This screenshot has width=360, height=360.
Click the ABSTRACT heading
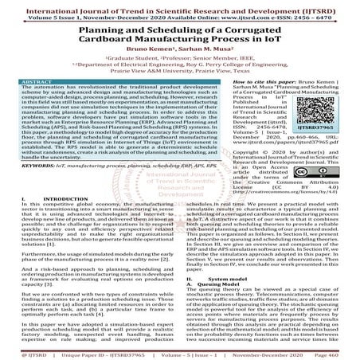(40, 83)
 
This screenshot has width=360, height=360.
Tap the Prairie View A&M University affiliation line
(180, 70)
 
